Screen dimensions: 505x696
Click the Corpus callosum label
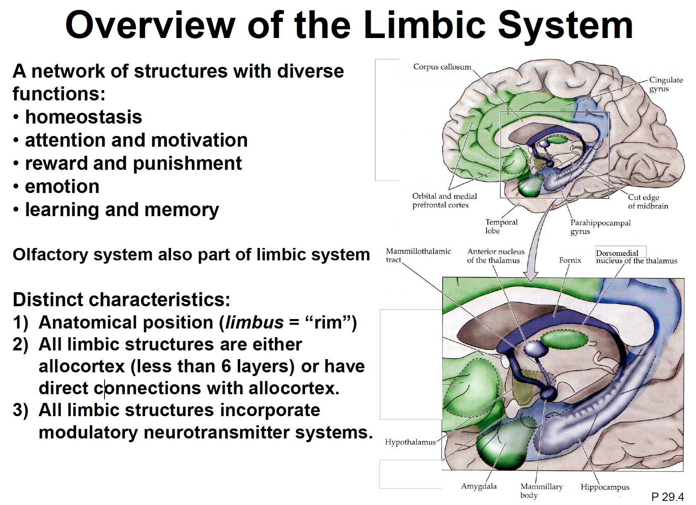click(442, 67)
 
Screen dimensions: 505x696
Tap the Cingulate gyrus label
click(665, 84)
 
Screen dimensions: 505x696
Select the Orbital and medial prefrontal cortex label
click(444, 200)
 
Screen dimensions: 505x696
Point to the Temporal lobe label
click(501, 226)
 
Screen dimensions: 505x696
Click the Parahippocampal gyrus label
click(600, 227)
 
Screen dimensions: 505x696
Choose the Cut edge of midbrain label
click(648, 202)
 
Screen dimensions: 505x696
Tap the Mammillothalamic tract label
click(417, 255)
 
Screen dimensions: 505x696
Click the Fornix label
click(570, 260)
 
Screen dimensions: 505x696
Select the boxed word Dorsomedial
click(617, 253)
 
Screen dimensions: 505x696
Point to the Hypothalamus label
click(410, 442)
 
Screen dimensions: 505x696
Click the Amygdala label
click(479, 486)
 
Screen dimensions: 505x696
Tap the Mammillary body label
click(541, 491)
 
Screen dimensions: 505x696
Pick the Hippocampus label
click(605, 487)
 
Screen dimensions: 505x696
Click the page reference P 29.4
click(667, 497)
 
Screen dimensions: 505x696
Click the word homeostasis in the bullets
click(83, 117)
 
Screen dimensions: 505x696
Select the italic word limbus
click(254, 322)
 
